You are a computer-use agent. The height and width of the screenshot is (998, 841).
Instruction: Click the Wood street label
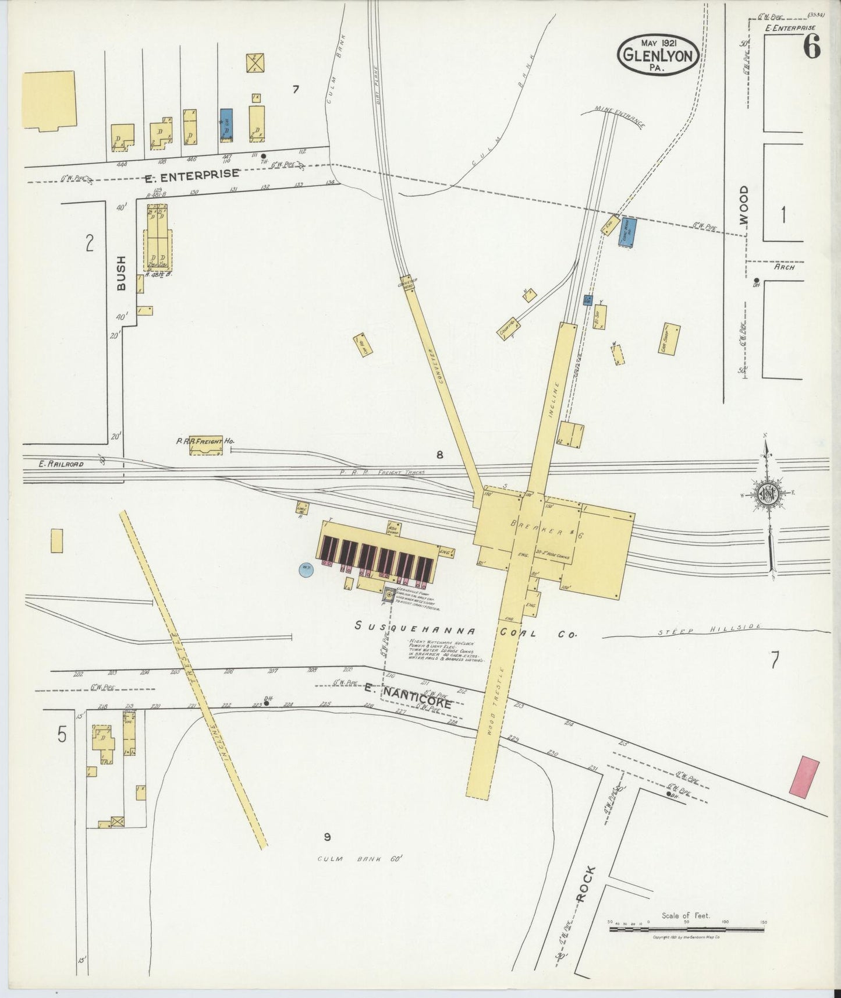(743, 205)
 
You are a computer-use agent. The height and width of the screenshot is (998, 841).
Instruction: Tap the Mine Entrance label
(619, 115)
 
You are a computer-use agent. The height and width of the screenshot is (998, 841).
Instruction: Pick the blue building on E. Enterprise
(227, 125)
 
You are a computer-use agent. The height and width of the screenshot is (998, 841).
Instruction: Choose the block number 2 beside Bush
(89, 243)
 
